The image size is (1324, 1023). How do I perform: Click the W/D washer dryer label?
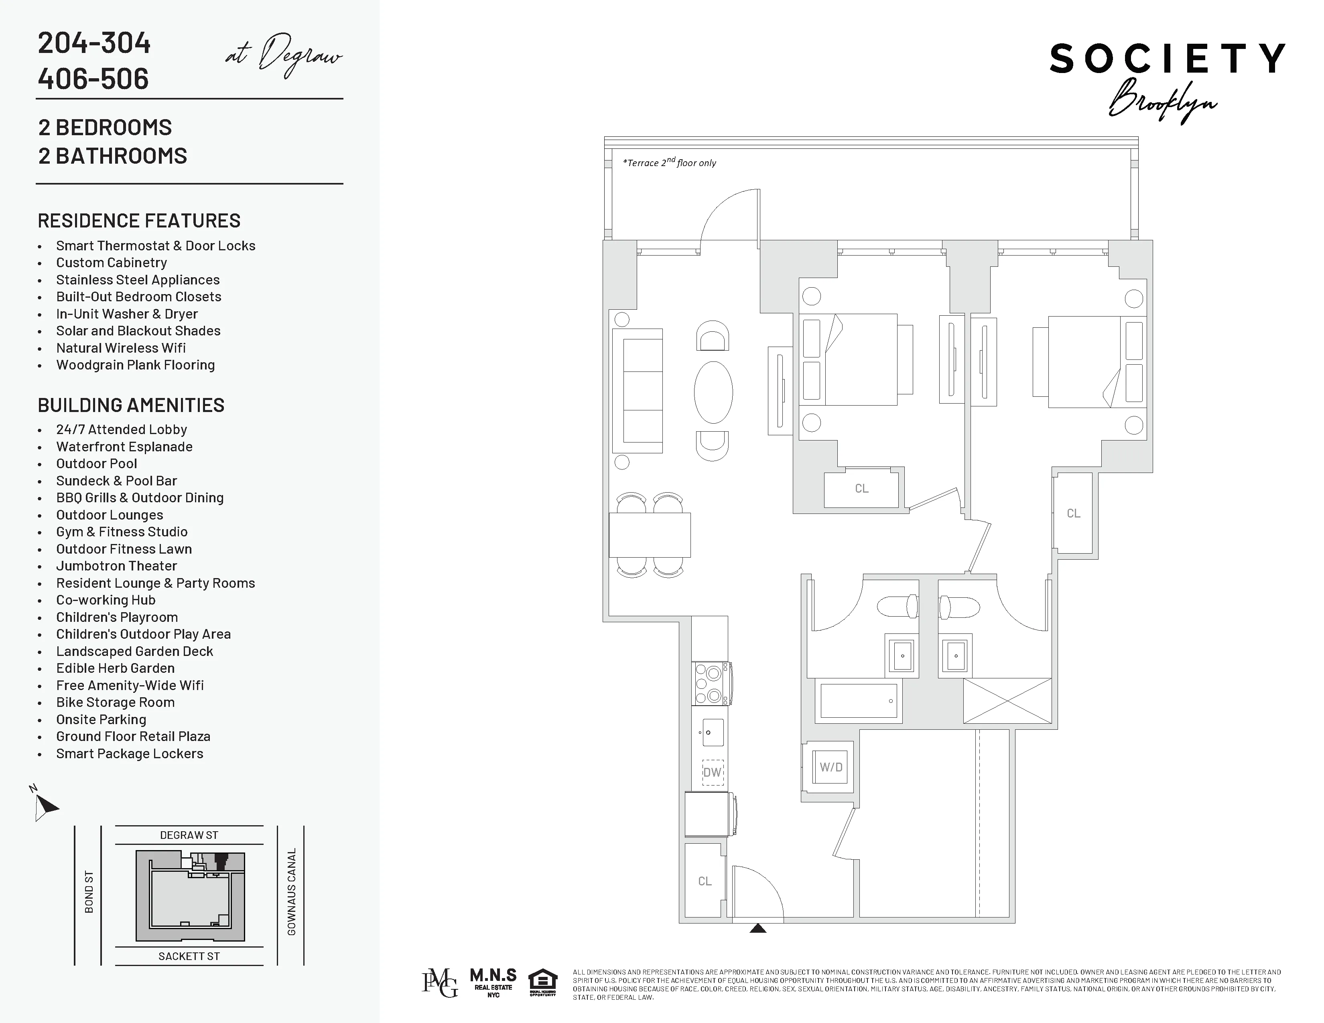pyautogui.click(x=831, y=767)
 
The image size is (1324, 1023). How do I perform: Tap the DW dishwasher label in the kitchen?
pyautogui.click(x=712, y=772)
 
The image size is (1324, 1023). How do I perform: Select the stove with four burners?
pyautogui.click(x=711, y=684)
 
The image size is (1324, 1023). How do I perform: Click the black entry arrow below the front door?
pyautogui.click(x=758, y=928)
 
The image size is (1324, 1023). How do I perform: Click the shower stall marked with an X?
pyautogui.click(x=1007, y=700)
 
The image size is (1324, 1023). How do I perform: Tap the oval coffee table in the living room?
pyautogui.click(x=713, y=392)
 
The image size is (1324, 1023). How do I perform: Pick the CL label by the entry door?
pyautogui.click(x=705, y=881)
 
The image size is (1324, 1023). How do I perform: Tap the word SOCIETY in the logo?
pyautogui.click(x=1167, y=59)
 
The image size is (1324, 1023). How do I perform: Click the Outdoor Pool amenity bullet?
pyautogui.click(x=96, y=464)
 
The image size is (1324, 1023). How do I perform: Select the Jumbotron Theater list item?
pyautogui.click(x=116, y=566)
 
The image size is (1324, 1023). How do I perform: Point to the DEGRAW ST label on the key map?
pyautogui.click(x=189, y=835)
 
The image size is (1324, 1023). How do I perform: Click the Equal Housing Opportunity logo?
pyautogui.click(x=542, y=983)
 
